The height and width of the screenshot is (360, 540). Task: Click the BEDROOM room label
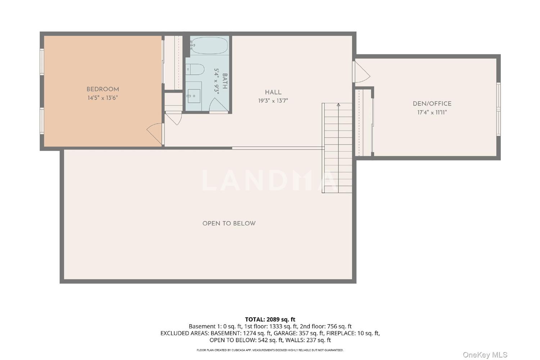tap(103, 89)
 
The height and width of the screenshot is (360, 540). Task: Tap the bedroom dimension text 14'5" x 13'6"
tap(103, 98)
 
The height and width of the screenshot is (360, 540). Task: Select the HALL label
tap(273, 93)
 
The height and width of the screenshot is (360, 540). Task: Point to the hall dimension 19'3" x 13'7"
tap(273, 101)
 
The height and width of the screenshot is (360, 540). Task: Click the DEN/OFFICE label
tap(432, 104)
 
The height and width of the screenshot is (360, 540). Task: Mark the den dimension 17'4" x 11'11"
tap(432, 112)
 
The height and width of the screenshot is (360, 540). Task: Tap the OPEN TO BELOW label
tap(229, 224)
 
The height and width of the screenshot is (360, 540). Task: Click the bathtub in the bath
tap(209, 45)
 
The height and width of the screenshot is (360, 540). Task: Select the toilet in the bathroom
tap(195, 69)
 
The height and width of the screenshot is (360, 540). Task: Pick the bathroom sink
tap(194, 96)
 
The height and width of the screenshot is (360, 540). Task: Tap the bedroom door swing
tap(155, 134)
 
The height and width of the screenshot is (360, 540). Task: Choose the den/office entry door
tap(361, 72)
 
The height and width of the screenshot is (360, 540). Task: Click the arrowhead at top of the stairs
tap(338, 105)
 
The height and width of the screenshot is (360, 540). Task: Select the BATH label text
tap(225, 81)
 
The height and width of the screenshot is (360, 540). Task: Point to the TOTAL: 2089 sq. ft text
tap(270, 319)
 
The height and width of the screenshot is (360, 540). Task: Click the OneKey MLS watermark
tap(485, 355)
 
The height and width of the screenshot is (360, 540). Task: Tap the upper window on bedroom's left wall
tap(42, 62)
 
